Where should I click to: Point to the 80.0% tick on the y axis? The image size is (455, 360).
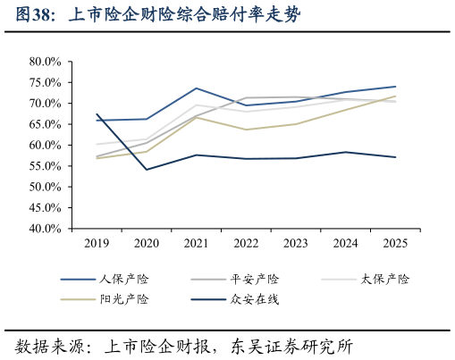click(43, 62)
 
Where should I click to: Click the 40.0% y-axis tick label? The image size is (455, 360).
click(43, 229)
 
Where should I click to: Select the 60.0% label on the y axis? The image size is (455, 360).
click(43, 145)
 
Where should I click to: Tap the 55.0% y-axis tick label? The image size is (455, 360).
click(43, 166)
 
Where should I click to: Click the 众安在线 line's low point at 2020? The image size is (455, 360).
click(147, 170)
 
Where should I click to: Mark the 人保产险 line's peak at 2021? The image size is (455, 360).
click(197, 88)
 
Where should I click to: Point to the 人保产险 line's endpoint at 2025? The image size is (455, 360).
click(395, 87)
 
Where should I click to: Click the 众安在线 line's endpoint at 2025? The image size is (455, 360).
click(395, 157)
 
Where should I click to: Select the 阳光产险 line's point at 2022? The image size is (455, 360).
click(246, 130)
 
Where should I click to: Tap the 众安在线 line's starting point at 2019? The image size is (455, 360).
click(97, 114)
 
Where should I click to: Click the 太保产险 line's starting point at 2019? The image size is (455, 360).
click(97, 144)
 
